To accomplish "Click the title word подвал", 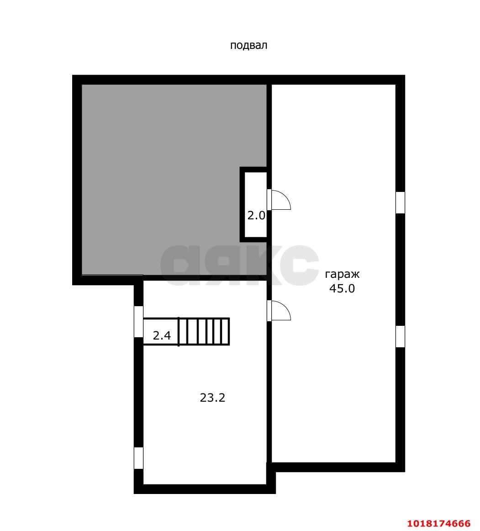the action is pyautogui.click(x=248, y=45).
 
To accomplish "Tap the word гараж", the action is pyautogui.click(x=342, y=274).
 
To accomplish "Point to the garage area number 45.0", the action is pyautogui.click(x=342, y=288).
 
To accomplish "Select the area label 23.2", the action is pyautogui.click(x=212, y=398).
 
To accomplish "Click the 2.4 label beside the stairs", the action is pyautogui.click(x=162, y=335).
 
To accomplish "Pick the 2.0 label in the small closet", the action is pyautogui.click(x=256, y=215).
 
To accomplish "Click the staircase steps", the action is pyautogui.click(x=204, y=332).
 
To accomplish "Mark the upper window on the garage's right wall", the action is pyautogui.click(x=401, y=202).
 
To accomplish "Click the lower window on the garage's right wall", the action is pyautogui.click(x=401, y=337).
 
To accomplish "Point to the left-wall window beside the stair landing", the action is pyautogui.click(x=138, y=322).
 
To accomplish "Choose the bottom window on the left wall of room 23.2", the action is pyautogui.click(x=138, y=458).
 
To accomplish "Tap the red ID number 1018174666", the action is pyautogui.click(x=439, y=524).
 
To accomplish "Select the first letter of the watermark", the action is pyautogui.click(x=180, y=265).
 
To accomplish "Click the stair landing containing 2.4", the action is pyautogui.click(x=161, y=332).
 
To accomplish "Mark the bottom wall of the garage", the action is pyautogui.click(x=338, y=467).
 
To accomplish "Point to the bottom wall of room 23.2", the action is pyautogui.click(x=205, y=489).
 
